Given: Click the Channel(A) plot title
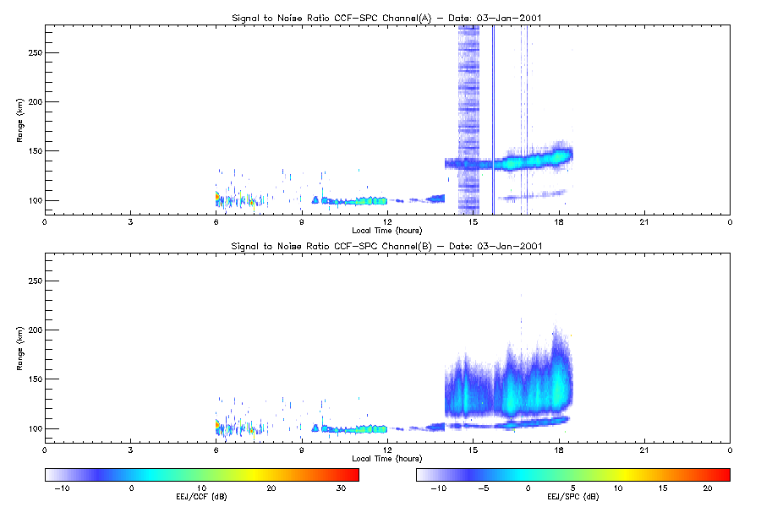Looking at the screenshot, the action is click(x=386, y=18).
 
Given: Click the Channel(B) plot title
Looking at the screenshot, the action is click(x=386, y=246).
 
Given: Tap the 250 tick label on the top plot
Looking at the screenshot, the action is click(x=36, y=52).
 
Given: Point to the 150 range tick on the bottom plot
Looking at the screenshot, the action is click(x=36, y=379).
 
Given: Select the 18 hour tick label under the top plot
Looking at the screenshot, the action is click(x=559, y=222).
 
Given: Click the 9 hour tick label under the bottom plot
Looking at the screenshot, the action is click(x=301, y=450).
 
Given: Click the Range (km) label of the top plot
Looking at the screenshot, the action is click(x=19, y=120).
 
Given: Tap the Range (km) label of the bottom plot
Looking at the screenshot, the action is click(x=19, y=348).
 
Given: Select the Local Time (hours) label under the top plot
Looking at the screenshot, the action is click(x=386, y=231).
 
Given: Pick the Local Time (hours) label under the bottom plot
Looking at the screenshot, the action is click(x=386, y=459).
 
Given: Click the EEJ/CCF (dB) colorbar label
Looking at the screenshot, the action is click(x=201, y=497).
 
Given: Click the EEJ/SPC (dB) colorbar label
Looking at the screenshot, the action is click(x=572, y=497).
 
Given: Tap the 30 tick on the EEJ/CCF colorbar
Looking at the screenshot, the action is click(x=341, y=488).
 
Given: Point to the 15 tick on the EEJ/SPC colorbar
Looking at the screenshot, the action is click(x=662, y=488).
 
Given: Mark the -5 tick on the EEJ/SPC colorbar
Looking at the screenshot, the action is click(x=484, y=488).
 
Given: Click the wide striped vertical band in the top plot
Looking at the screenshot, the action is click(x=468, y=120).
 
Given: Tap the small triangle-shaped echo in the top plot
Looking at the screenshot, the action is click(x=315, y=199).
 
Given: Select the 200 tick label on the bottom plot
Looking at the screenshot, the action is click(x=36, y=330).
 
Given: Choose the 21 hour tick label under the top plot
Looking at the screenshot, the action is click(x=644, y=222).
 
